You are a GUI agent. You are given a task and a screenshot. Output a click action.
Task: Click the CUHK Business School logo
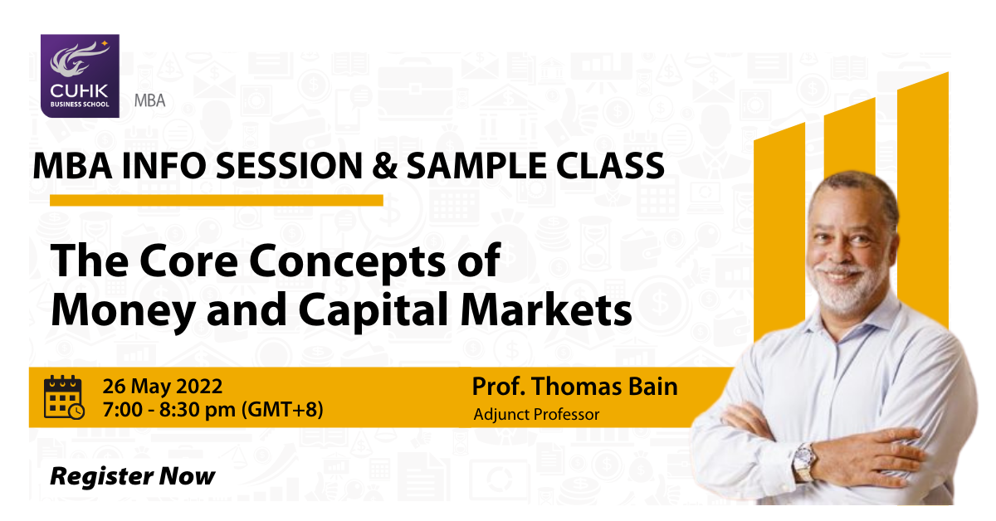(80, 76)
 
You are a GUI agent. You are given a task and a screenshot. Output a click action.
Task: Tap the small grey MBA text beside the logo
(150, 101)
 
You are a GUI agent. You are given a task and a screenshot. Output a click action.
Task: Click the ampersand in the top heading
(384, 165)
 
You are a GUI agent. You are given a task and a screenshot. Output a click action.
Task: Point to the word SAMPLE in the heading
(476, 165)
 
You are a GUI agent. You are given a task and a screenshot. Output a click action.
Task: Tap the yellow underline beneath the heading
(217, 201)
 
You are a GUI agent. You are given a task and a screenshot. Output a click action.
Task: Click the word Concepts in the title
(347, 262)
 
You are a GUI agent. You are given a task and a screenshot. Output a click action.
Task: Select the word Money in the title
(124, 312)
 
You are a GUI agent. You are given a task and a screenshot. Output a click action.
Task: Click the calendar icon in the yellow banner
(64, 397)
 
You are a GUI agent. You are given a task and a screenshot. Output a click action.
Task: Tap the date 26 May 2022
(163, 387)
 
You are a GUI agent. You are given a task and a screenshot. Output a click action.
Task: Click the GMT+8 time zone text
(282, 410)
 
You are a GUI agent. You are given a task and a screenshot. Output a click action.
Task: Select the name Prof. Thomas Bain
(574, 387)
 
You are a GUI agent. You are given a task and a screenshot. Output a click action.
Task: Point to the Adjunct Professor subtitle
(536, 414)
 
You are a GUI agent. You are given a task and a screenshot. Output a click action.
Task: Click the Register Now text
(133, 476)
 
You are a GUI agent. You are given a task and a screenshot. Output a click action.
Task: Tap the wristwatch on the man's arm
(805, 462)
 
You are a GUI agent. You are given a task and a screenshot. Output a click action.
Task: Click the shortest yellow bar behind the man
(779, 231)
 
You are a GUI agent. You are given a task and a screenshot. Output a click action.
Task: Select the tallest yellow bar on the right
(923, 200)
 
